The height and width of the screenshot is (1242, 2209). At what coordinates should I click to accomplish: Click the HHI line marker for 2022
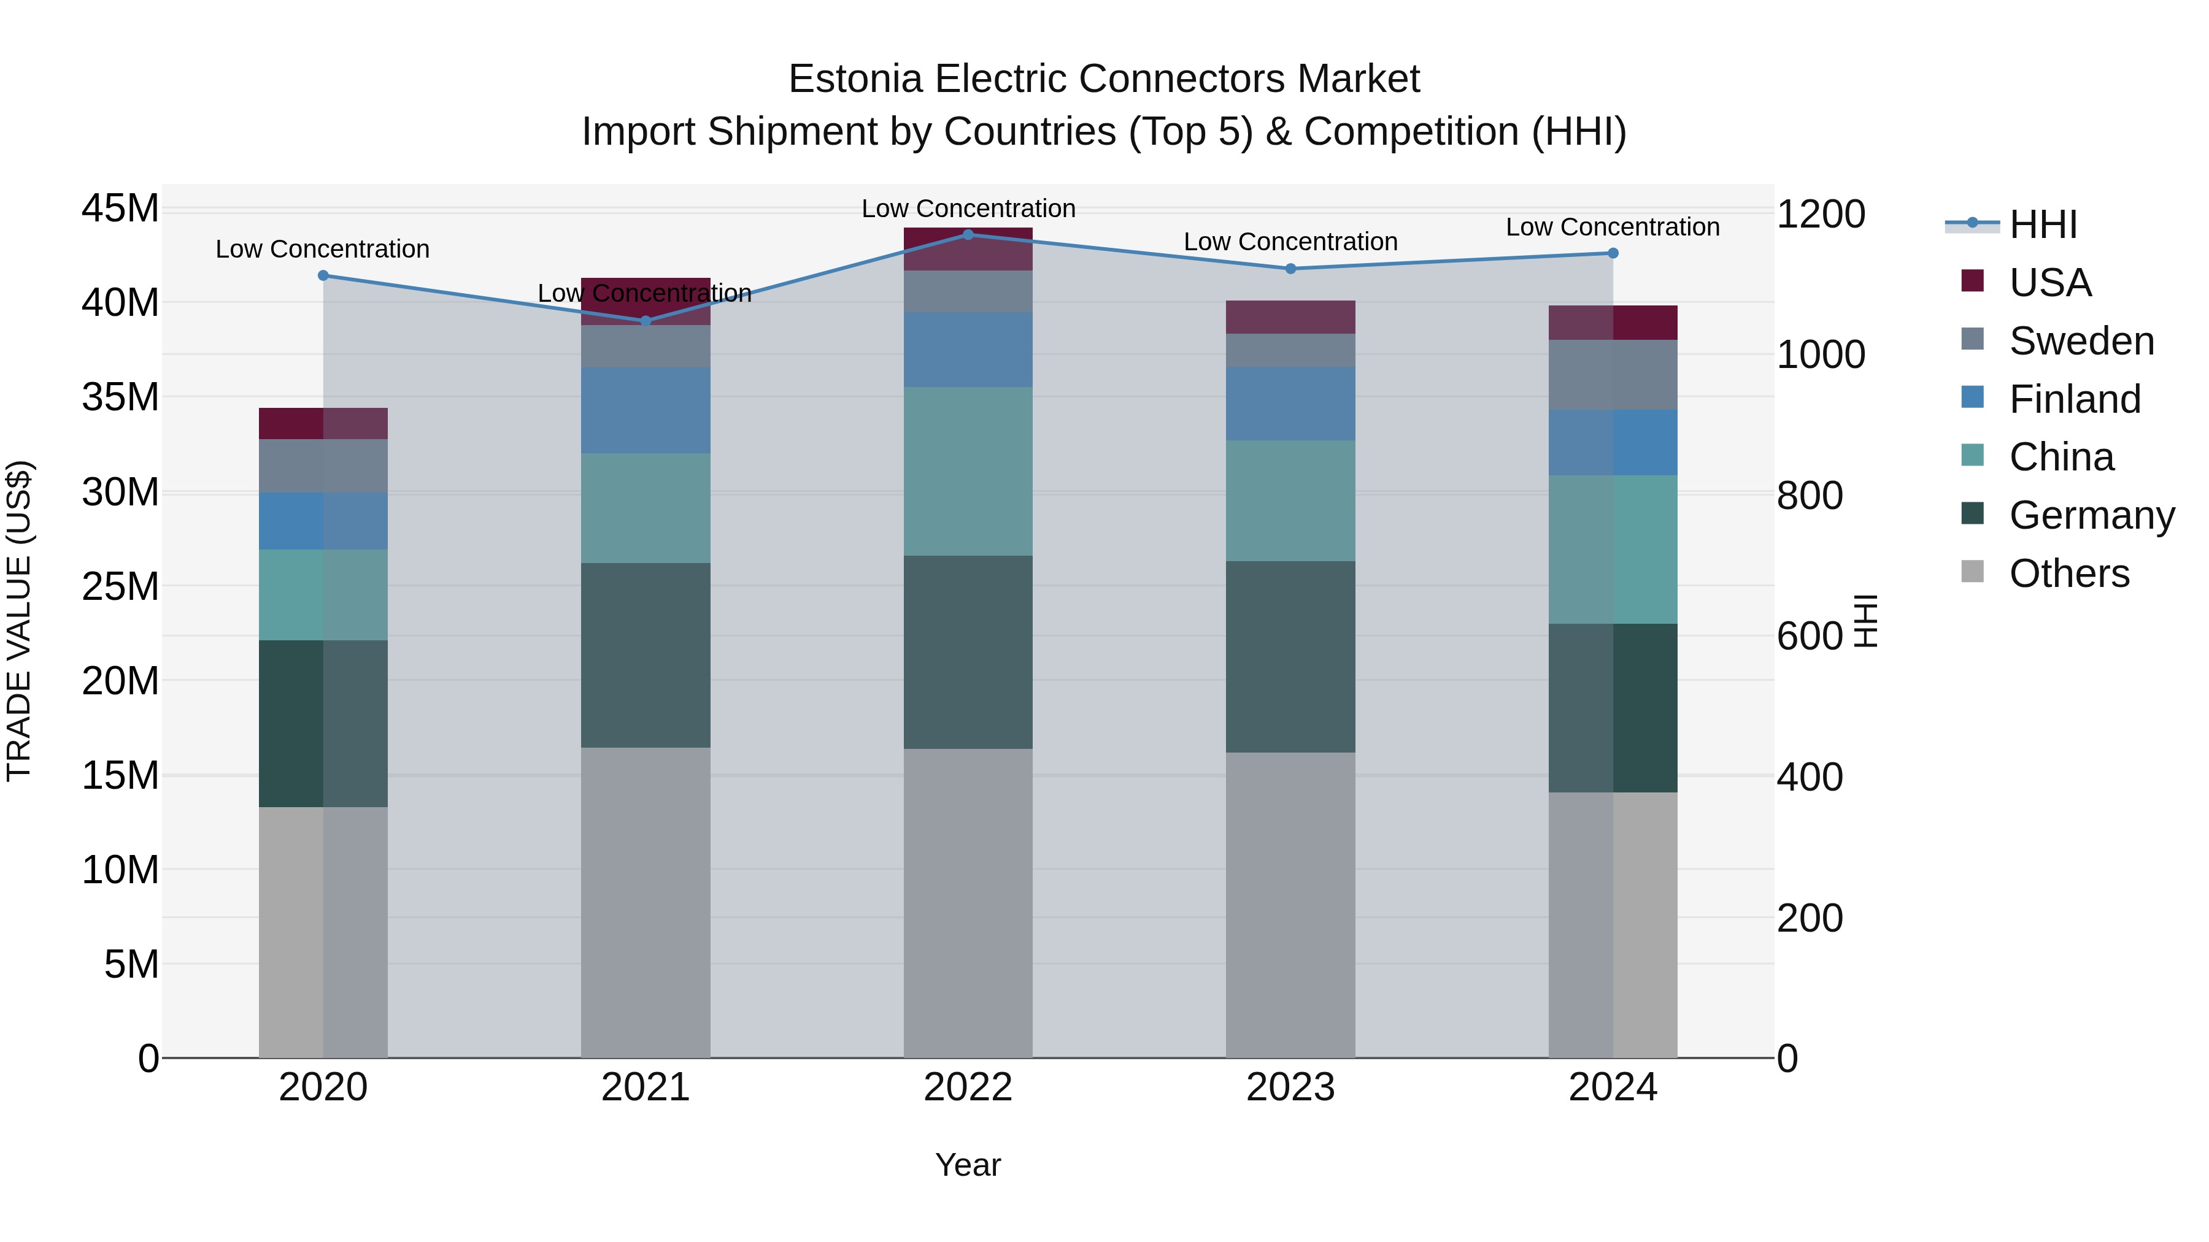click(x=968, y=234)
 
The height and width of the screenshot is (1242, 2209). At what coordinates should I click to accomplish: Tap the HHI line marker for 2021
click(x=646, y=321)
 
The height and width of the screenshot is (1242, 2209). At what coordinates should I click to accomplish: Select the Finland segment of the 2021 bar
click(x=646, y=410)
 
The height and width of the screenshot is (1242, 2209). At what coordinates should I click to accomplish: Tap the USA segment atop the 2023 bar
click(x=1290, y=316)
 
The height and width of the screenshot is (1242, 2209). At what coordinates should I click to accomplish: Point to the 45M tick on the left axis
click(x=120, y=209)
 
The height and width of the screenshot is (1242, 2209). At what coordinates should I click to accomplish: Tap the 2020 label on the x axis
click(x=323, y=1087)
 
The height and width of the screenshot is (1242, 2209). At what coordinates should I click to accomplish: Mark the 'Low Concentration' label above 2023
click(x=1290, y=242)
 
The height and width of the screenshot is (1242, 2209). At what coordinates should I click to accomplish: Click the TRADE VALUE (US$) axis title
click(x=19, y=621)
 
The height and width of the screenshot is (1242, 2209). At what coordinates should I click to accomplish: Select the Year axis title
click(x=968, y=1165)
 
